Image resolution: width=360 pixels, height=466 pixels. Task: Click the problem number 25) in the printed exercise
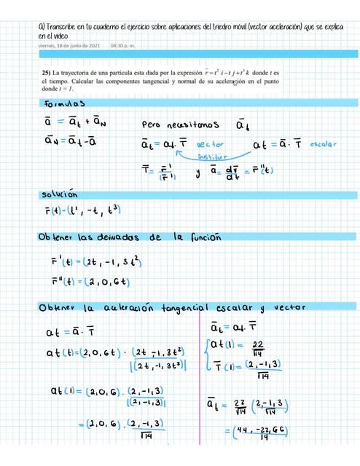[48, 74]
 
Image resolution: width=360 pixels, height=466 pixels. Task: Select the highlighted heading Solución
[60, 195]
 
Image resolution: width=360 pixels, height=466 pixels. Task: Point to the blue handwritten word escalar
[323, 144]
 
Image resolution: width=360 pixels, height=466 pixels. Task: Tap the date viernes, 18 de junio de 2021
[70, 45]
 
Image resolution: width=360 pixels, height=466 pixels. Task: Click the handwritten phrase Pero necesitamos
[179, 123]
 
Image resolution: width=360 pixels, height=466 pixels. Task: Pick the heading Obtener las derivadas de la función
[128, 238]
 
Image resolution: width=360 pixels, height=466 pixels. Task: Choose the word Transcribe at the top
[66, 25]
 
